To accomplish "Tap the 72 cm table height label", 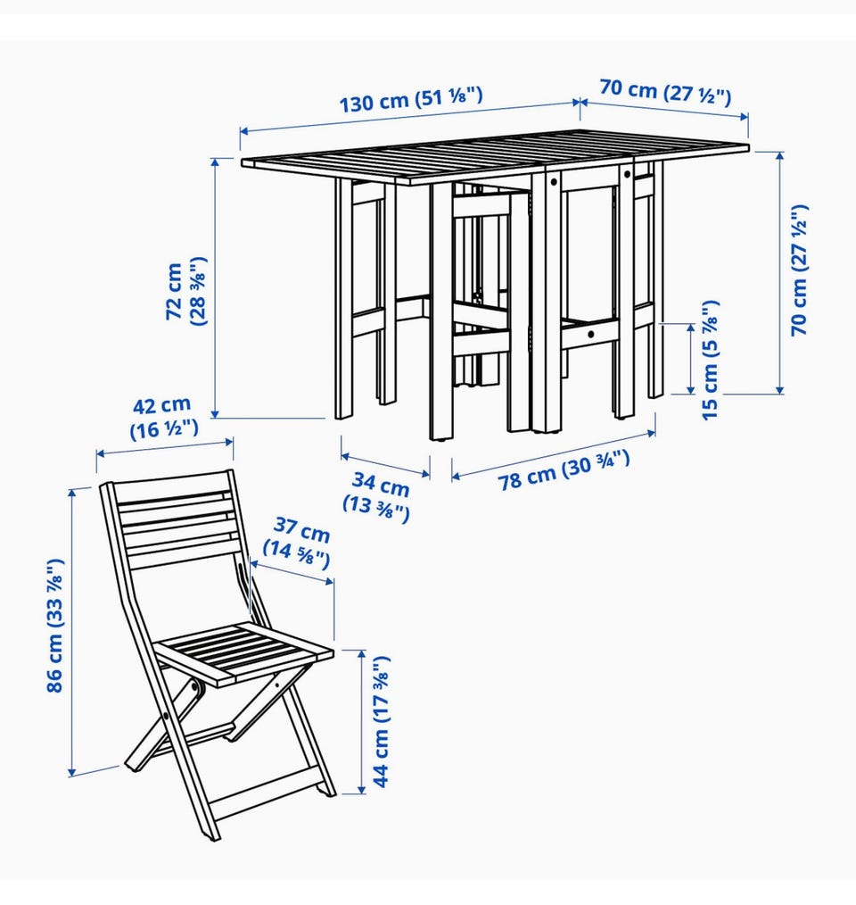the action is pos(185,291).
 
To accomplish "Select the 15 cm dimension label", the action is pos(710,361).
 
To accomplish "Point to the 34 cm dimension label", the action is pos(378,496).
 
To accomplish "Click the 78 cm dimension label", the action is pos(563,469).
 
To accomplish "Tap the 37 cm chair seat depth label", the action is pos(298,543).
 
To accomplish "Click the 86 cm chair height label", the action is pos(54,626).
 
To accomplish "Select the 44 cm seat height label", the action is pos(382,721).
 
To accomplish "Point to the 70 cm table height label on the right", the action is pos(800,270).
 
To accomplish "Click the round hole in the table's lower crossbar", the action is pos(591,334).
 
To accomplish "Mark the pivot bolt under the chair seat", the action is pos(195,687).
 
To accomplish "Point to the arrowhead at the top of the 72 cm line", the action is pos(216,162).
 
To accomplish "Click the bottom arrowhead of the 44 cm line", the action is pos(362,789).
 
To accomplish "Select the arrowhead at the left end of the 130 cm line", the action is pos(244,131).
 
